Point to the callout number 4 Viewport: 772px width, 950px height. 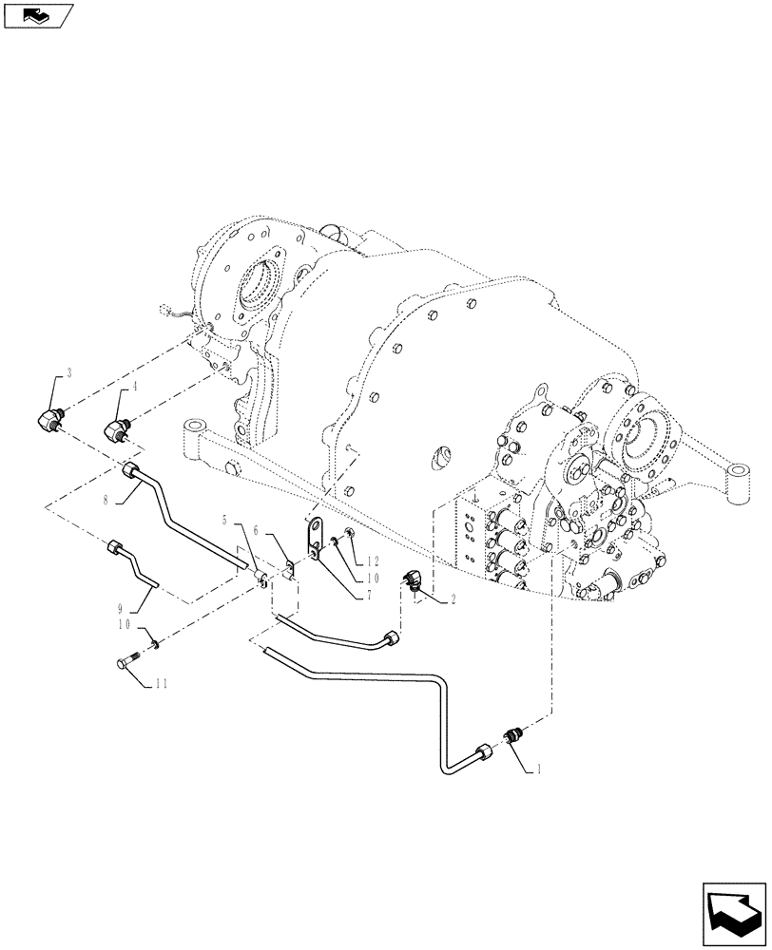pyautogui.click(x=134, y=387)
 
